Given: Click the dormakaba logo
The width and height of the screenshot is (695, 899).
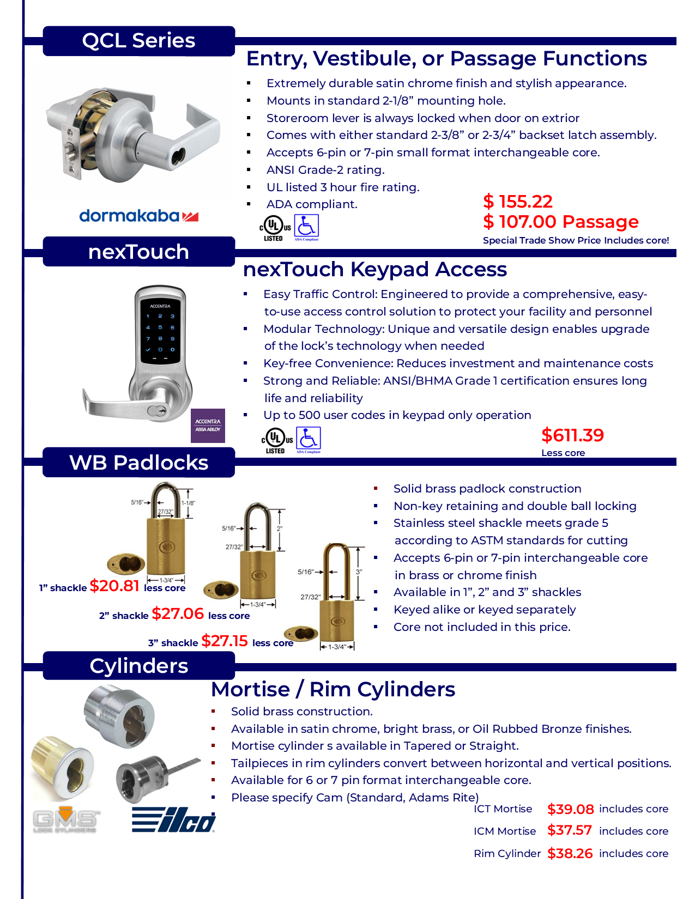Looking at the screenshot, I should click(x=138, y=216).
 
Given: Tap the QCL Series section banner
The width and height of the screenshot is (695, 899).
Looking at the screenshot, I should click(x=138, y=41).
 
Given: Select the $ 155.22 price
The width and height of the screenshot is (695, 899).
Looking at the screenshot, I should click(x=517, y=202).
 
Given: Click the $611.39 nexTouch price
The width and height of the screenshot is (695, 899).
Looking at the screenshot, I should click(x=572, y=435).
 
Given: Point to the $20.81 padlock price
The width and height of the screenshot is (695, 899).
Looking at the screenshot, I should click(x=114, y=586).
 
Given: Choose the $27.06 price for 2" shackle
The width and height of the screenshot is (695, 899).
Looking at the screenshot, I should click(x=178, y=613).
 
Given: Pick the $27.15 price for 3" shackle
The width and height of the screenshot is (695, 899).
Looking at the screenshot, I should click(x=225, y=641).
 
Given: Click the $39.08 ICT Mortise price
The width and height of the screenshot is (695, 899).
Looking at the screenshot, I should click(x=570, y=809).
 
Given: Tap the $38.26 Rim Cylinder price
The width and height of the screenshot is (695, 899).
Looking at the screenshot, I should click(x=570, y=853).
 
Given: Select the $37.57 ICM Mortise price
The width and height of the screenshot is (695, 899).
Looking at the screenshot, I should click(x=569, y=830).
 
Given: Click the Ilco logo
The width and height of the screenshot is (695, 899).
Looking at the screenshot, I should click(x=173, y=820).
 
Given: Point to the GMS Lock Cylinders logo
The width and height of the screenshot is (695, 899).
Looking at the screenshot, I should click(x=65, y=819).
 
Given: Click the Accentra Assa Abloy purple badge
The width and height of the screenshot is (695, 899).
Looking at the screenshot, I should click(x=208, y=426).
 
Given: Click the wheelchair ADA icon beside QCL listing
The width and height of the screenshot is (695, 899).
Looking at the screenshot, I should click(x=306, y=227).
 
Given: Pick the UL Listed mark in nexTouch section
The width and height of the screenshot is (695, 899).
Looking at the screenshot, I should click(x=277, y=440).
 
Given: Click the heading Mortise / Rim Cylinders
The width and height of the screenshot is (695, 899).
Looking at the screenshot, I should click(x=333, y=689).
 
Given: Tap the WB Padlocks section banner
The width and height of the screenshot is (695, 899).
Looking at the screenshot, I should click(x=138, y=463).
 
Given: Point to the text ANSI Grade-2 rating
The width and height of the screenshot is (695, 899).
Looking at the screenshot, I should click(x=325, y=170).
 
